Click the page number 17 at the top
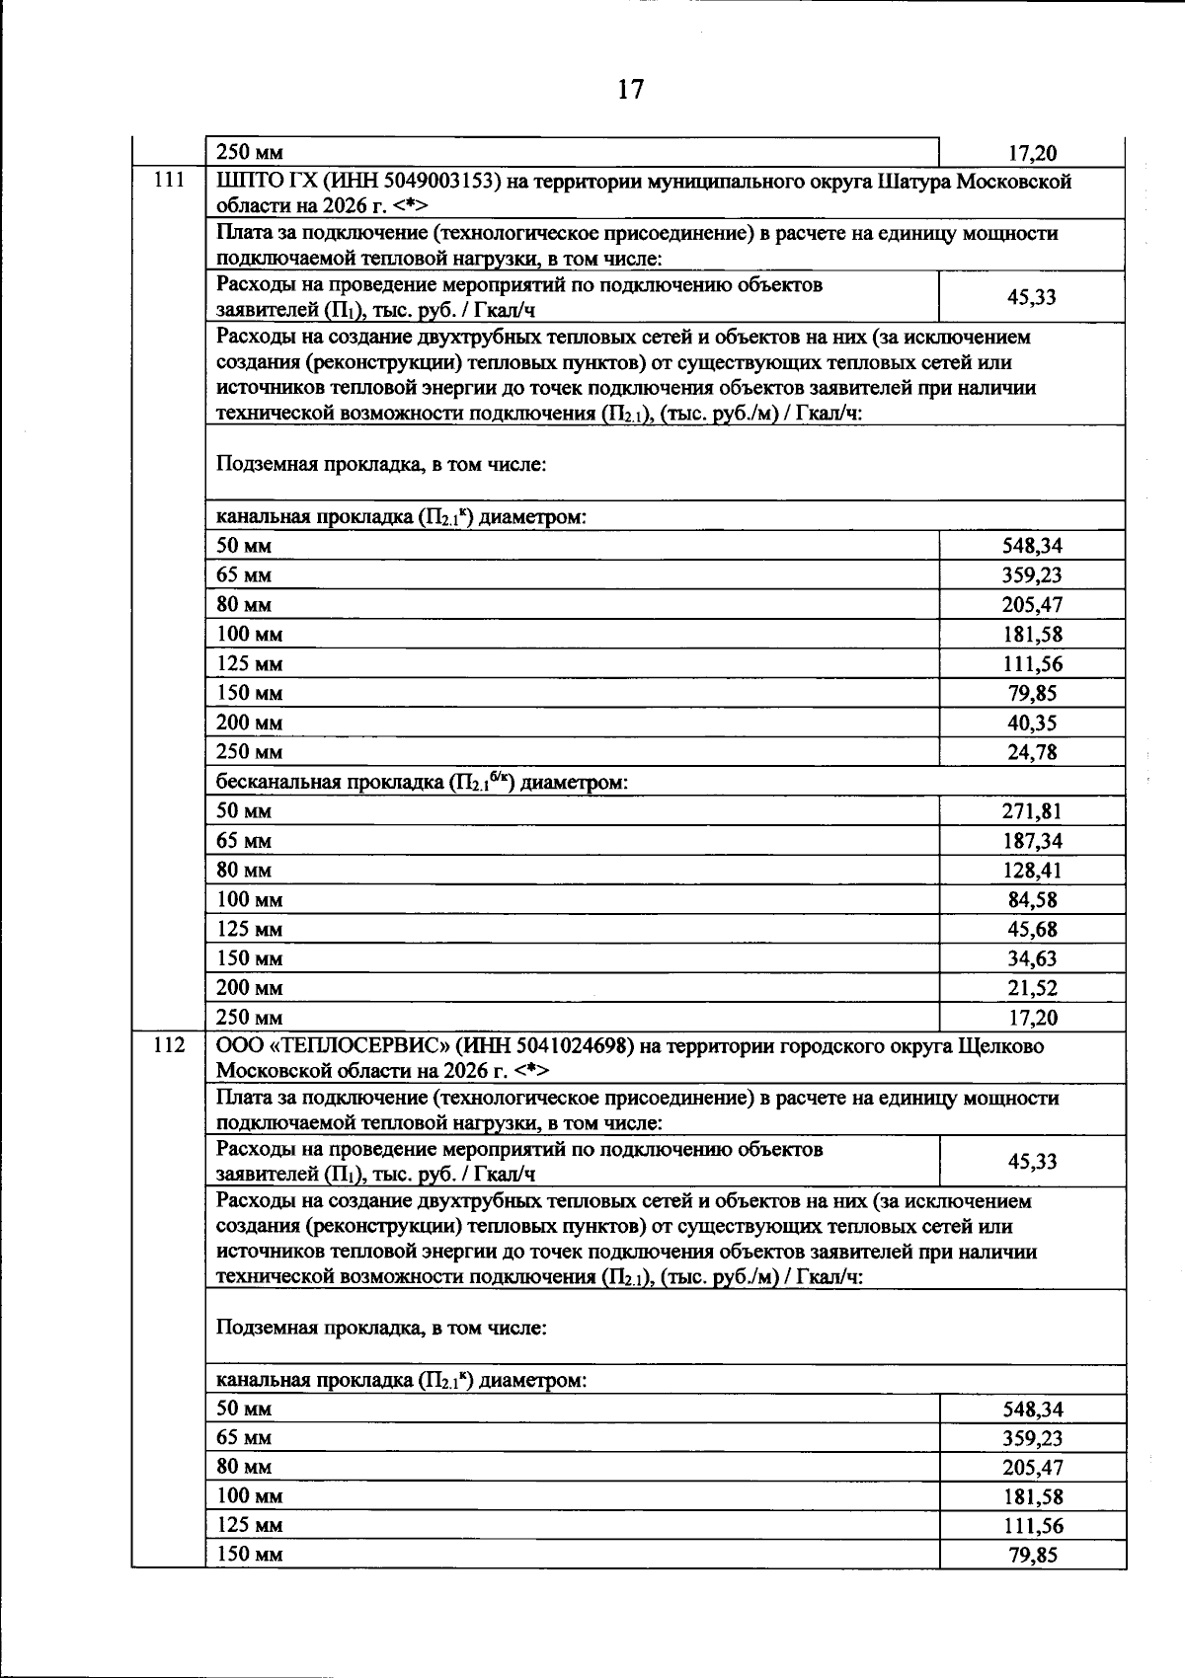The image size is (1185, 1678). click(630, 90)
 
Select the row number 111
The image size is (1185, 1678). click(169, 181)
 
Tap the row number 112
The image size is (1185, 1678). click(169, 1045)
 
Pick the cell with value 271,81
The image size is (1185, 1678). click(1032, 811)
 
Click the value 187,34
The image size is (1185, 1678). click(1032, 841)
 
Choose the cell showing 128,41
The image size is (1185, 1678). click(1032, 871)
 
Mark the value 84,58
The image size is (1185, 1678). click(1032, 900)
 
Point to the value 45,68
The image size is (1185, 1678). click(1032, 930)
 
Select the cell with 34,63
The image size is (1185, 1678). click(1032, 958)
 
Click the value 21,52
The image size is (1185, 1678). click(1032, 988)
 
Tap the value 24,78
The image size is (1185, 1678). click(1032, 752)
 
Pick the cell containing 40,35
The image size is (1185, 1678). click(1032, 723)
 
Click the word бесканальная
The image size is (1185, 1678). click(276, 783)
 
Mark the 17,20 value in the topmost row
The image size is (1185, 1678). click(1032, 153)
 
